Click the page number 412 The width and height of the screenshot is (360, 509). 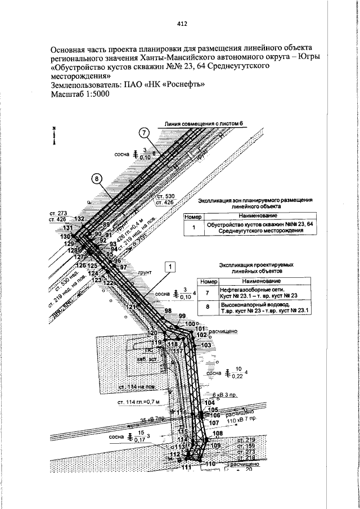[182, 24]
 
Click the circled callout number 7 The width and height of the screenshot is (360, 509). [144, 133]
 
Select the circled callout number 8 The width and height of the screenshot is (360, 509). [97, 179]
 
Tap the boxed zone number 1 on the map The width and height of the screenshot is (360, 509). [171, 266]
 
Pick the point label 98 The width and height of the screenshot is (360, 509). [168, 311]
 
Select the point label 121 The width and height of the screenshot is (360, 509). [131, 307]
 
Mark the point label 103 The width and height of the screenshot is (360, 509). [206, 345]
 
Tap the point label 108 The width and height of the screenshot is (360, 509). [218, 433]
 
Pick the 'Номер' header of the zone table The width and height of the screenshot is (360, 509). [192, 216]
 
